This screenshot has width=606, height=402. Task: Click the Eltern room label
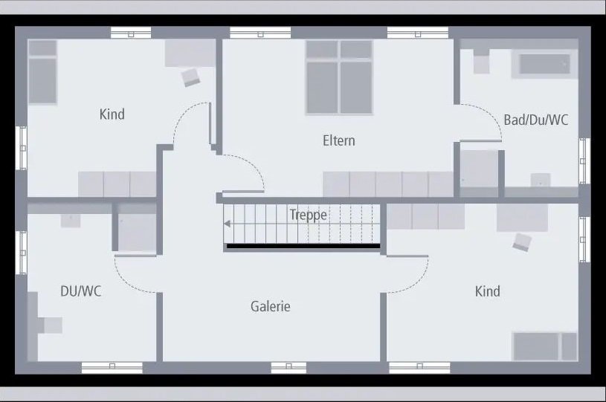[338, 140]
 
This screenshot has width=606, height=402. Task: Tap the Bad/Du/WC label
[535, 120]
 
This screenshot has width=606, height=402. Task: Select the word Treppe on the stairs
[308, 215]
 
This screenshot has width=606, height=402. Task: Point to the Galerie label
[270, 306]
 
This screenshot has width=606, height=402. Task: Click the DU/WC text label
[80, 291]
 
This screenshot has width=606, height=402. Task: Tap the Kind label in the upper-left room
[112, 114]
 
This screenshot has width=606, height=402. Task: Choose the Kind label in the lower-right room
[487, 291]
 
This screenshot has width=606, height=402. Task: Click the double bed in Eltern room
[339, 77]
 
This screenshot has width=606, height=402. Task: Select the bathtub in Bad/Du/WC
[548, 65]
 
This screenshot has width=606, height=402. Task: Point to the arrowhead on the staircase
[228, 223]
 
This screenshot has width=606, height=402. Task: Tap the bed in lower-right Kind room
[544, 346]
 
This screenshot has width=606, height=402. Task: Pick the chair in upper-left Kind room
[191, 76]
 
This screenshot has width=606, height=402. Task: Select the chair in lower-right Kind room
[522, 241]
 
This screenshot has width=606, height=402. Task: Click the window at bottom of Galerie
[289, 366]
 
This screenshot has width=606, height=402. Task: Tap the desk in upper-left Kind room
[190, 54]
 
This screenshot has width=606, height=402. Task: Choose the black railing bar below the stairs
[303, 246]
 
